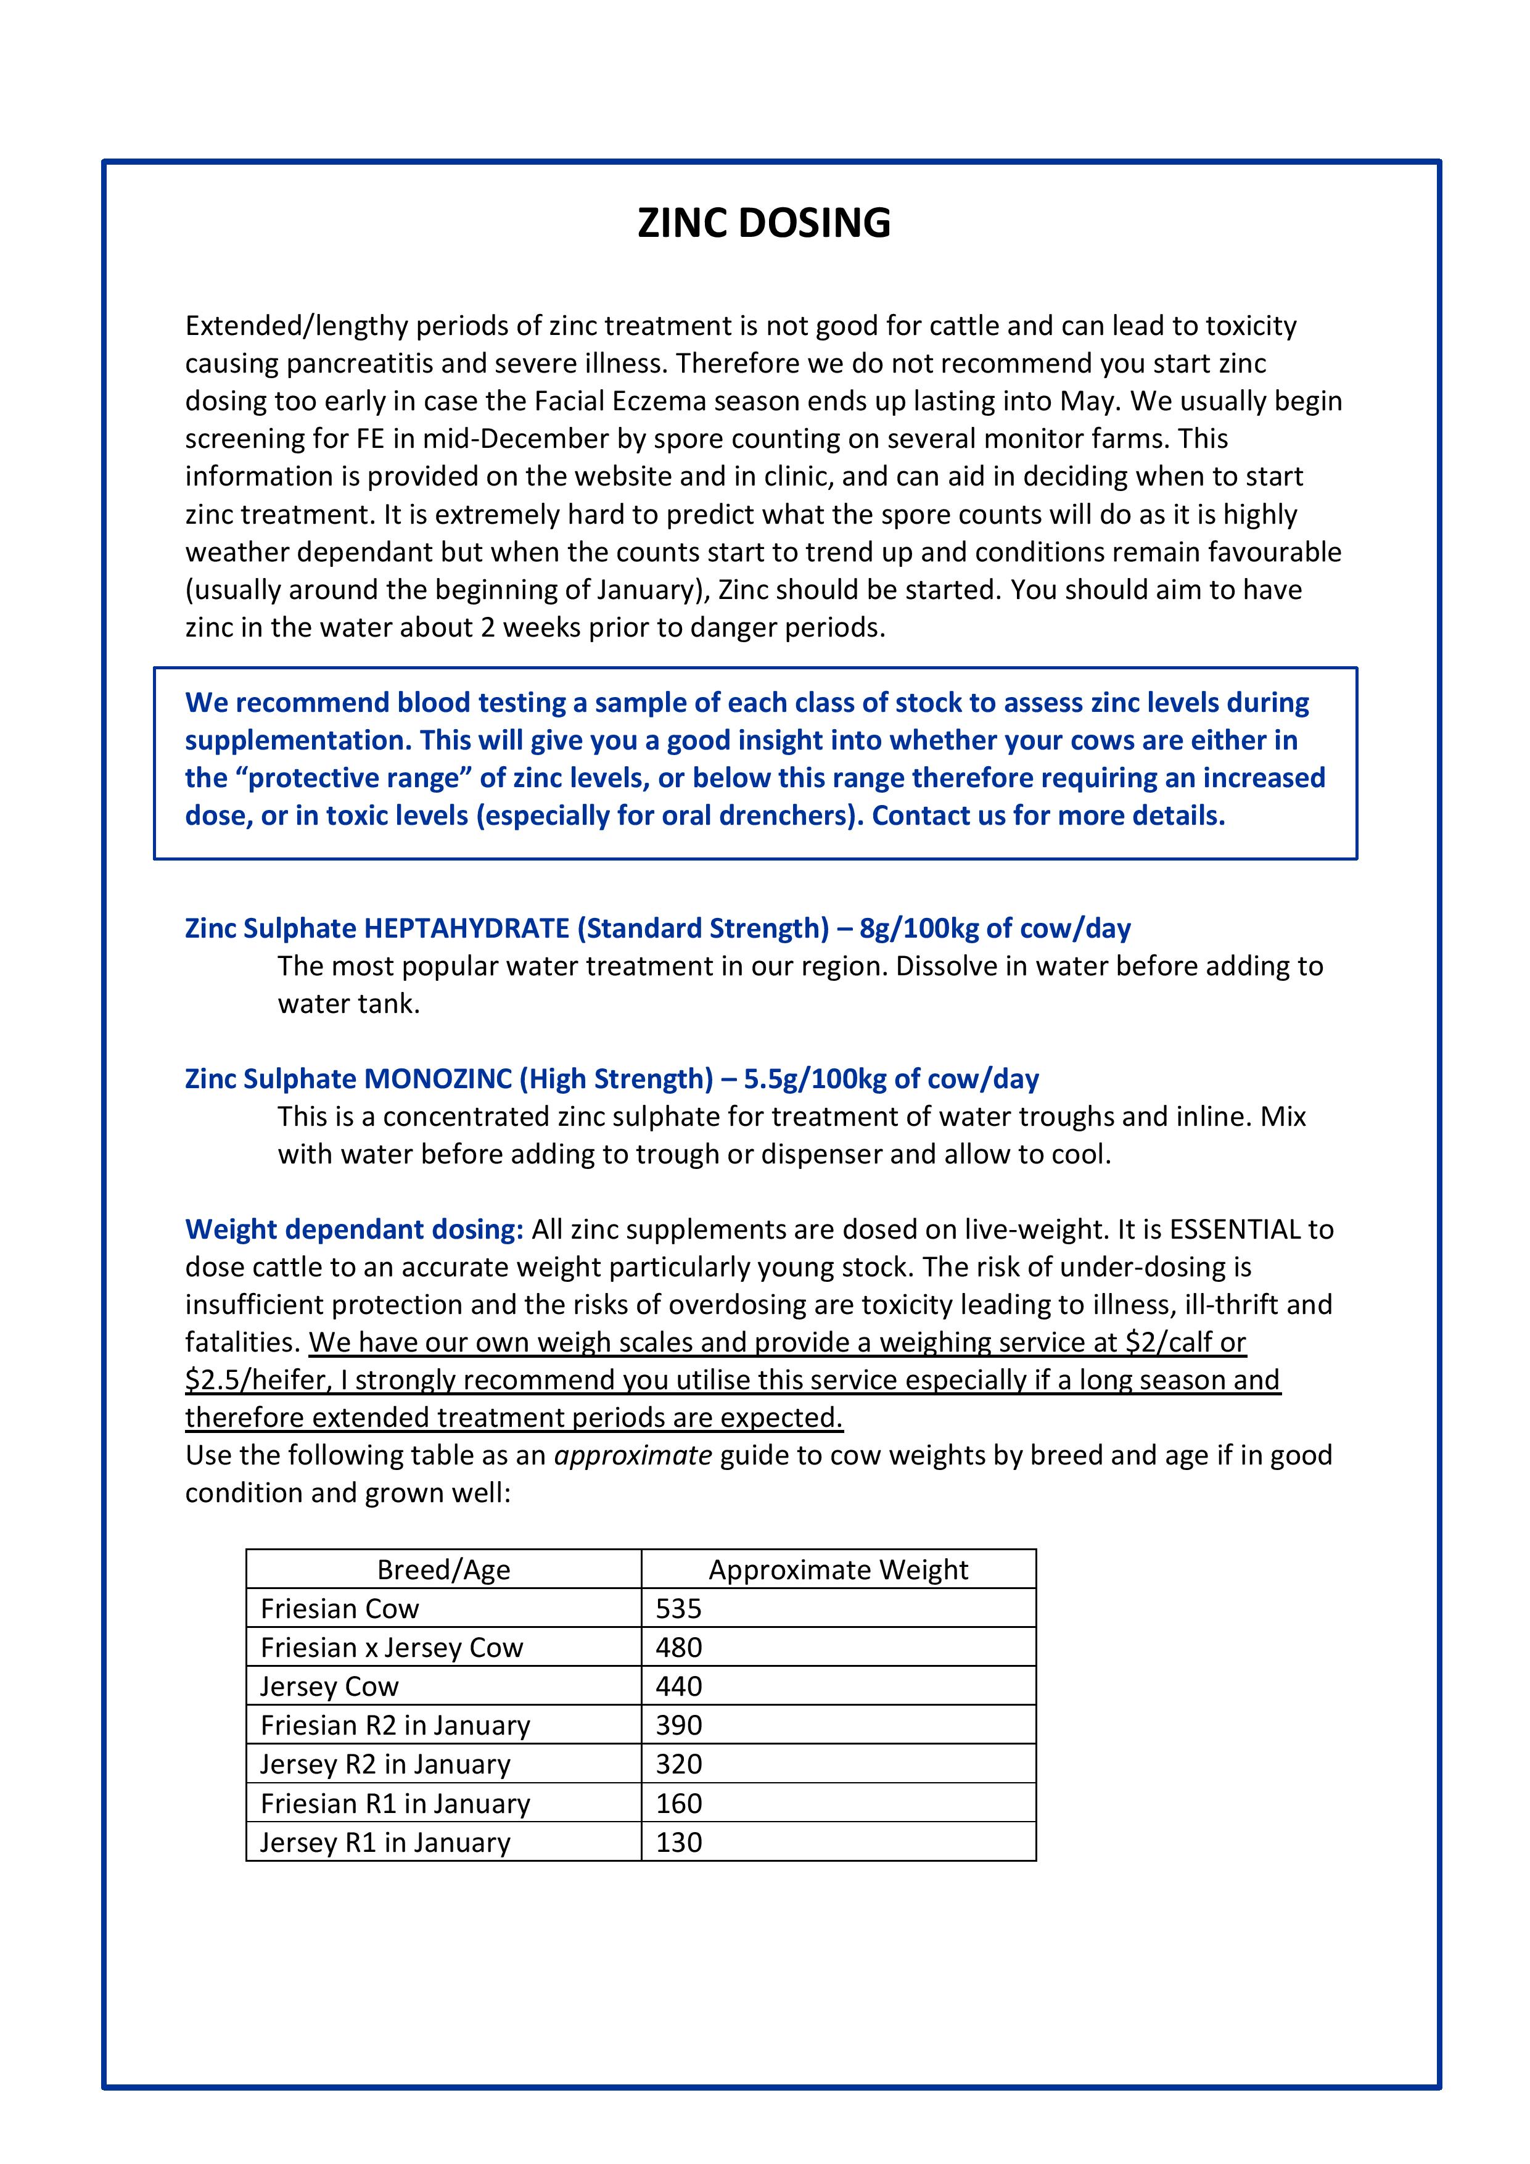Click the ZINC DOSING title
[764, 223]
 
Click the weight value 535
[678, 1608]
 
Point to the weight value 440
[678, 1686]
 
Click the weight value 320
[678, 1764]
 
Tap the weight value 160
[678, 1803]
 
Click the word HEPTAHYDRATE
[466, 928]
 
